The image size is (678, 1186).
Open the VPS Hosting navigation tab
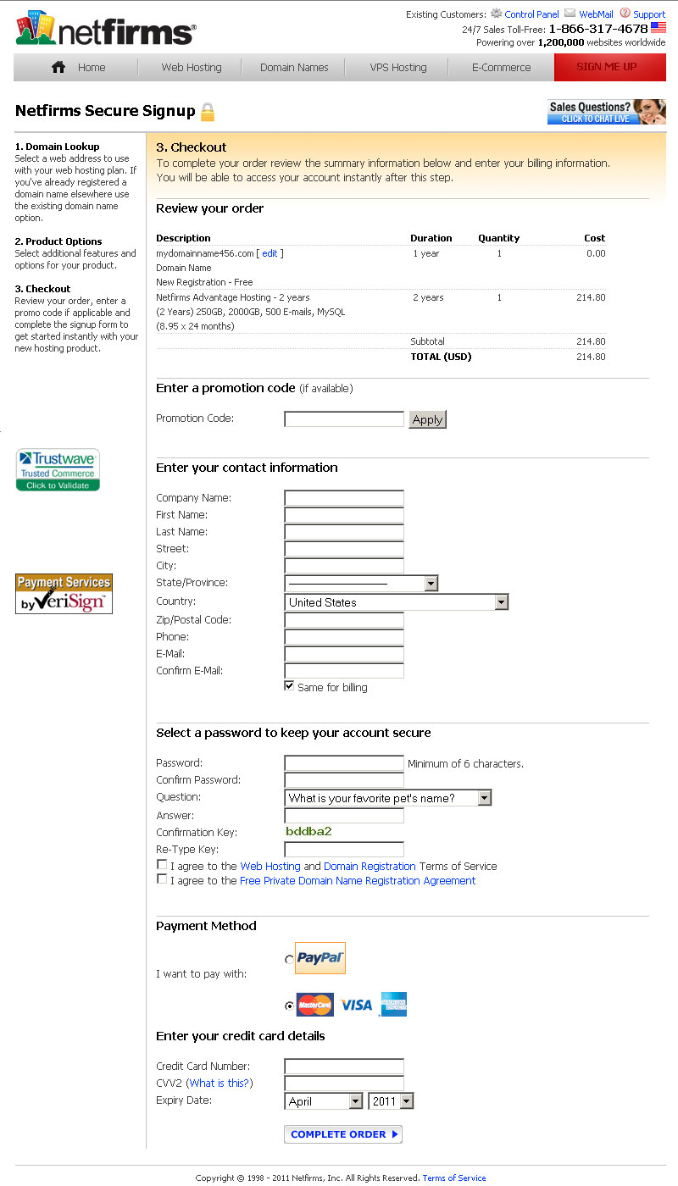pyautogui.click(x=397, y=68)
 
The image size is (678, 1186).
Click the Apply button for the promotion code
pyautogui.click(x=427, y=419)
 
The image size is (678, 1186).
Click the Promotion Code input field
pyautogui.click(x=344, y=418)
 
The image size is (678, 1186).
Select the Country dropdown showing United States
pyautogui.click(x=396, y=602)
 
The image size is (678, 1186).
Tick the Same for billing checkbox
pyautogui.click(x=290, y=686)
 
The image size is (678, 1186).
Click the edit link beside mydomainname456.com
pyautogui.click(x=270, y=253)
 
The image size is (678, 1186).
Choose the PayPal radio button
pyautogui.click(x=290, y=960)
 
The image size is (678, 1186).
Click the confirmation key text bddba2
pyautogui.click(x=308, y=831)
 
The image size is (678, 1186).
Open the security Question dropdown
pyautogui.click(x=387, y=798)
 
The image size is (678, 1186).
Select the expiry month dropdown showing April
pyautogui.click(x=324, y=1101)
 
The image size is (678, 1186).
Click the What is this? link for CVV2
pyautogui.click(x=219, y=1083)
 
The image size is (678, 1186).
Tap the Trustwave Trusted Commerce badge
pyautogui.click(x=58, y=470)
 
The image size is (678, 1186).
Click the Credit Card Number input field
pyautogui.click(x=344, y=1067)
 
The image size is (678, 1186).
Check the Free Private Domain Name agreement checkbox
pyautogui.click(x=162, y=879)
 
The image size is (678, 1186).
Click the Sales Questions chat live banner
pyautogui.click(x=606, y=112)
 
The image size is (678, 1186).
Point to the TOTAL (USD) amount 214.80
pyautogui.click(x=591, y=357)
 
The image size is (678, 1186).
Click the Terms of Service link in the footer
pyautogui.click(x=454, y=1178)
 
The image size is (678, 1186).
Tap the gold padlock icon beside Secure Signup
pyautogui.click(x=208, y=112)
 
